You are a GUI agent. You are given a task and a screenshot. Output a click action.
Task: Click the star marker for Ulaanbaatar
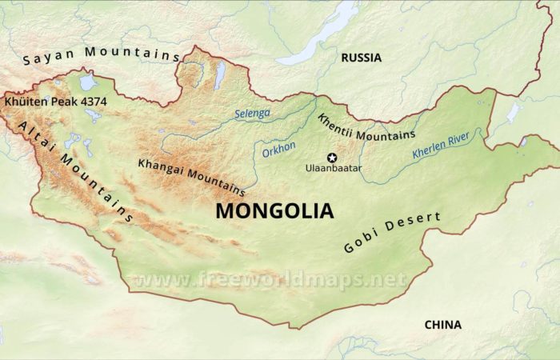point(332,158)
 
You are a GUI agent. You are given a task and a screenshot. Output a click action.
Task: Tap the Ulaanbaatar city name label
point(334,169)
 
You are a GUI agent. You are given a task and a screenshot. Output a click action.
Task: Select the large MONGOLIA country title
point(274,211)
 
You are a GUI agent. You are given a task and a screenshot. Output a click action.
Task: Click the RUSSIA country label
point(361,58)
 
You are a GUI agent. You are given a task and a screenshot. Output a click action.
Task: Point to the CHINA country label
point(442,324)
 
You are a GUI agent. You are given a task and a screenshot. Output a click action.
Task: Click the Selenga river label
point(252,114)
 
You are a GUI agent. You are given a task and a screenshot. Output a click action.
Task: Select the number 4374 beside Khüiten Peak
point(92,102)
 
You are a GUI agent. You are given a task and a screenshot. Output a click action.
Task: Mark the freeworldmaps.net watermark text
point(269,280)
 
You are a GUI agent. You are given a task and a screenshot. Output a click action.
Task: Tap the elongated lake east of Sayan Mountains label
point(219,74)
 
